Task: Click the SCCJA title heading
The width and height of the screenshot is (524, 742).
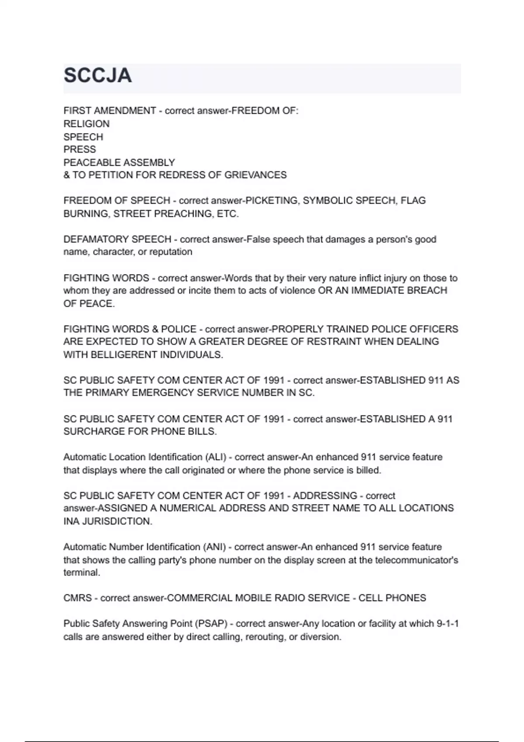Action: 97,76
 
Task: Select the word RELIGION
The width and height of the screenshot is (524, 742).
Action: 86,124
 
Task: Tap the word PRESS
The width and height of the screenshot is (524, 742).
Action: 79,149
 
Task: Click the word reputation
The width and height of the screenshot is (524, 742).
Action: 171,252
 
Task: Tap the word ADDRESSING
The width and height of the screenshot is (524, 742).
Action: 325,496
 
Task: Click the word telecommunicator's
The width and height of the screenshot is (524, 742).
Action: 417,560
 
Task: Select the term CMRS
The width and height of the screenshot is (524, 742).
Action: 77,598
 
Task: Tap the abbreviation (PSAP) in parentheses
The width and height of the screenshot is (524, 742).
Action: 211,624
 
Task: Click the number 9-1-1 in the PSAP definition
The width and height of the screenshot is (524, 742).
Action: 448,624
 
